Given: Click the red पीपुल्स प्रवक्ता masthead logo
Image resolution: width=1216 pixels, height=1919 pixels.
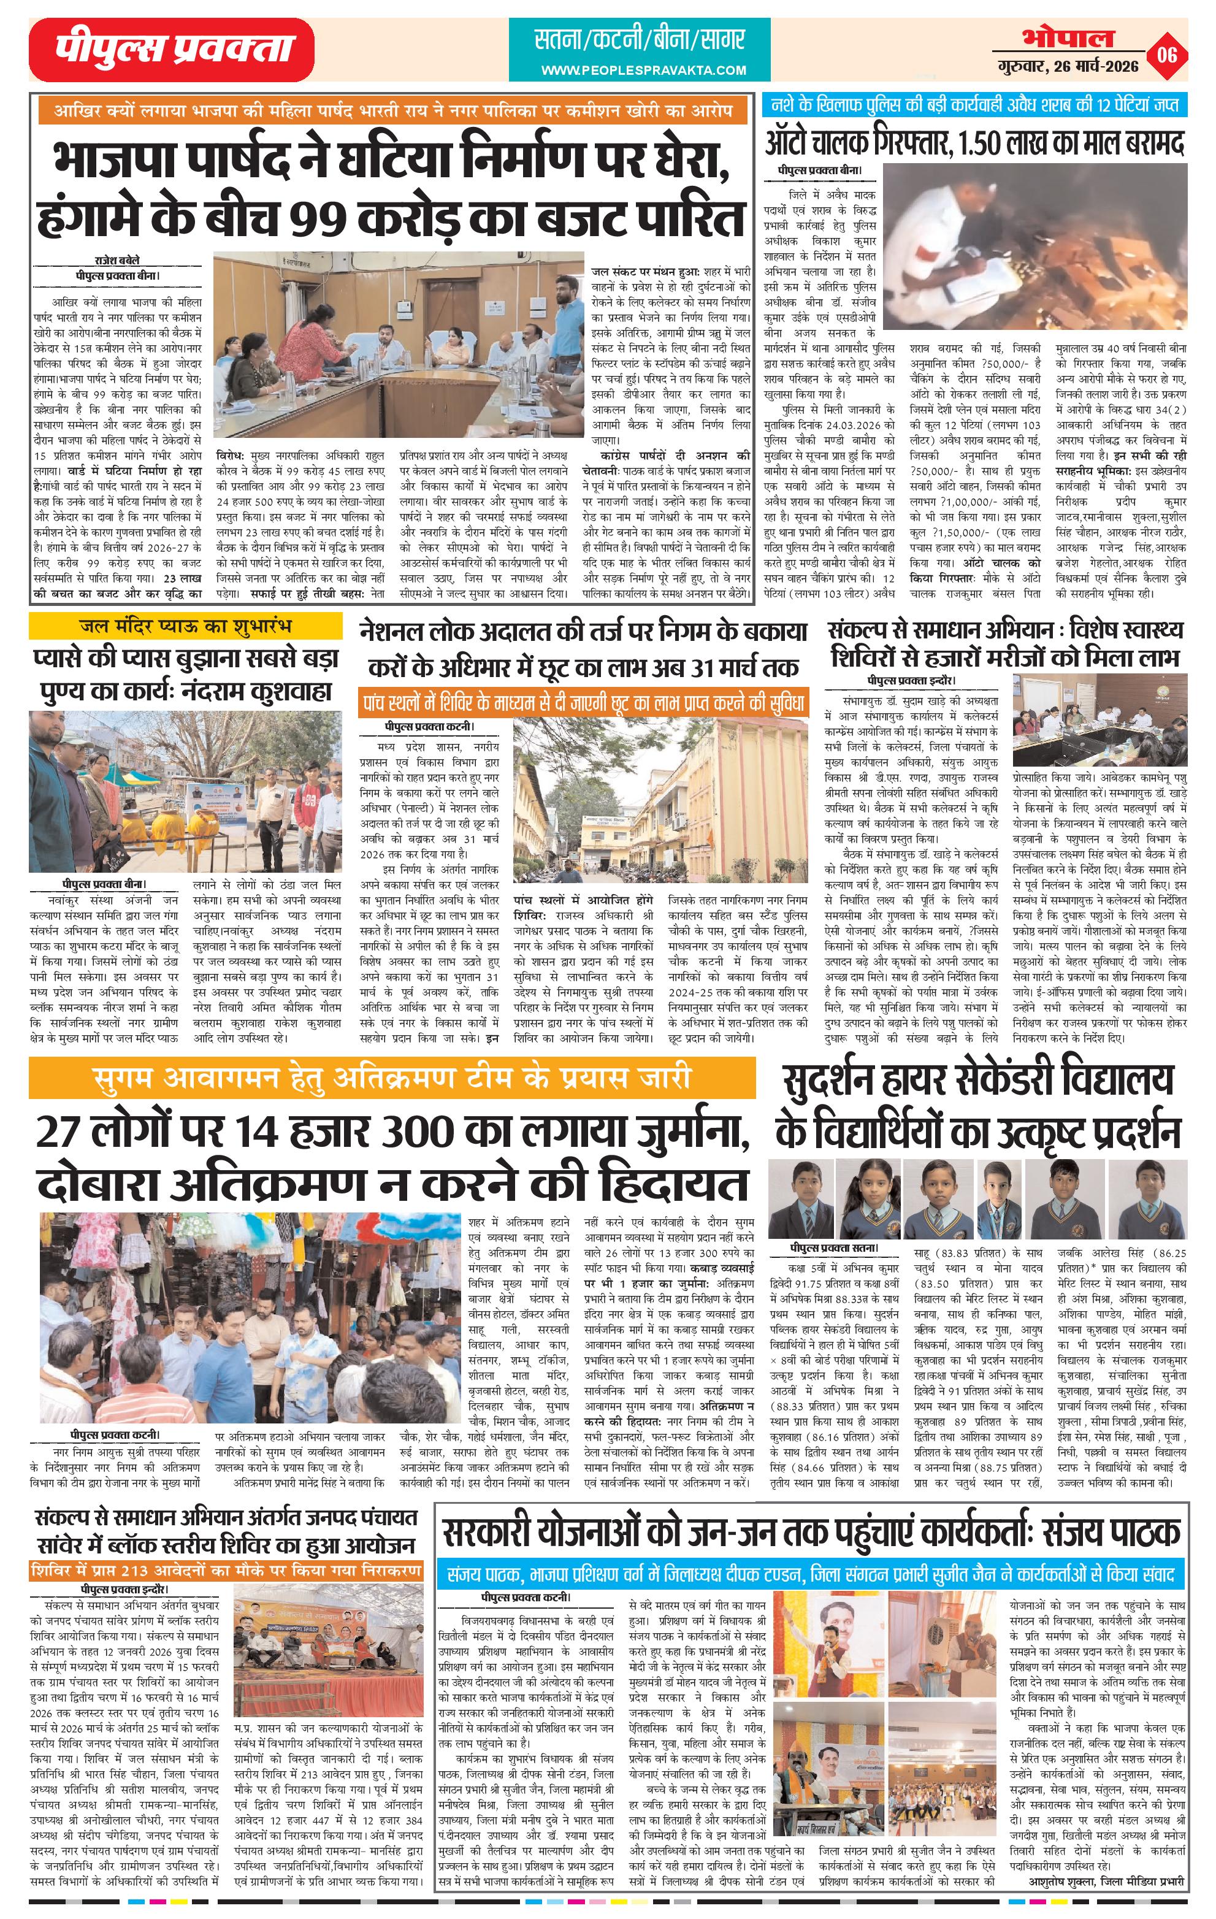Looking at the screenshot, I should (x=171, y=50).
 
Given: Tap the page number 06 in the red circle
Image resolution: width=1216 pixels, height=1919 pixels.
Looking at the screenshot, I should (x=1168, y=56).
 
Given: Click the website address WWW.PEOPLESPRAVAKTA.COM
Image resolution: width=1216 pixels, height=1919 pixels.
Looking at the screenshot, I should (x=643, y=70).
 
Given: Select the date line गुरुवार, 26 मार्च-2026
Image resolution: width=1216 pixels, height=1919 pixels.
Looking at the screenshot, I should (x=1068, y=67).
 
